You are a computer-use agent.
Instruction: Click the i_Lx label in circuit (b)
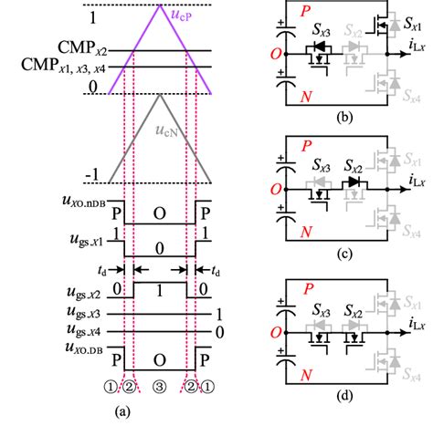416,53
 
